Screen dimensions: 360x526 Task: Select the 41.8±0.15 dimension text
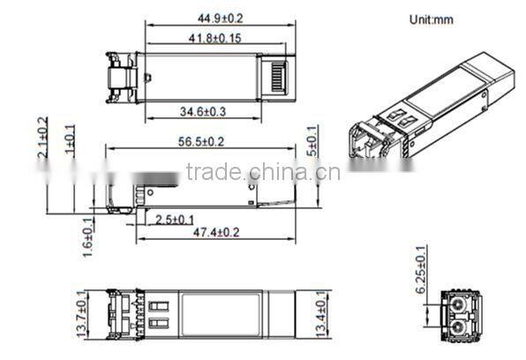coord(206,37)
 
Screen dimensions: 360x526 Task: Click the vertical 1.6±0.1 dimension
coord(86,237)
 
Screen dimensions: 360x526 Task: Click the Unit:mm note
coord(431,19)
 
